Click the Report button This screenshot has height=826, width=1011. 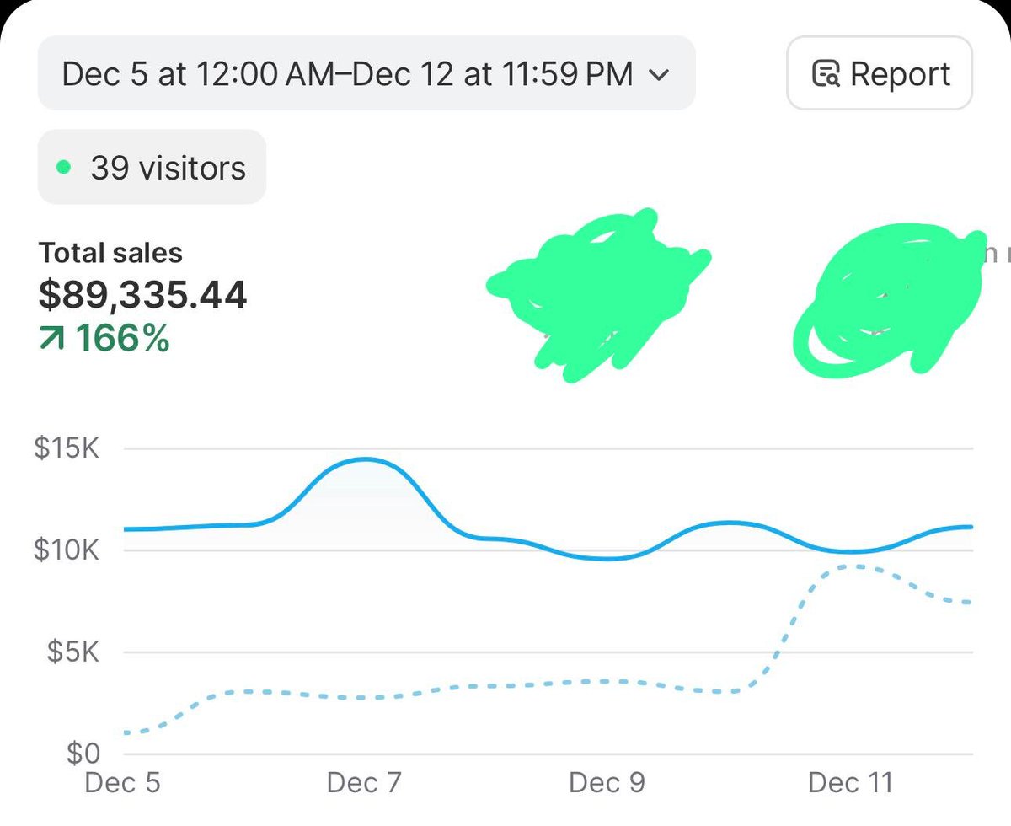tap(880, 73)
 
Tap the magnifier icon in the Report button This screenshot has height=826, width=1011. tap(825, 74)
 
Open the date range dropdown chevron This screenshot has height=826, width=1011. tap(659, 74)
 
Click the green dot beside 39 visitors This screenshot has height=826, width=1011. tap(63, 167)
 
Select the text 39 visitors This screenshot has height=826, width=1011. tap(168, 168)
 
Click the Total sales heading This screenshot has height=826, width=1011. tap(110, 253)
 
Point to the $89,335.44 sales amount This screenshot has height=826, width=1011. tap(142, 295)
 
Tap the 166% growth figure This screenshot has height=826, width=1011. tap(122, 339)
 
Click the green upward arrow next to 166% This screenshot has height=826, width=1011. tap(52, 340)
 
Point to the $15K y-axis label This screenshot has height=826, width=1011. tap(67, 448)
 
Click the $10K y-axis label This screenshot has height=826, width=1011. tap(67, 550)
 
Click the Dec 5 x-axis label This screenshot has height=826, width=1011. tap(122, 783)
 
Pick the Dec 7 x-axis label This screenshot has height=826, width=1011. tap(364, 783)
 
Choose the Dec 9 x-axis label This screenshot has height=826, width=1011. tap(607, 783)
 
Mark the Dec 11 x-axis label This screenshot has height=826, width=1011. tap(849, 783)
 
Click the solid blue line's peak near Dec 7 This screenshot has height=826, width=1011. tap(365, 459)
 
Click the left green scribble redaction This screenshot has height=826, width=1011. tap(598, 291)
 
